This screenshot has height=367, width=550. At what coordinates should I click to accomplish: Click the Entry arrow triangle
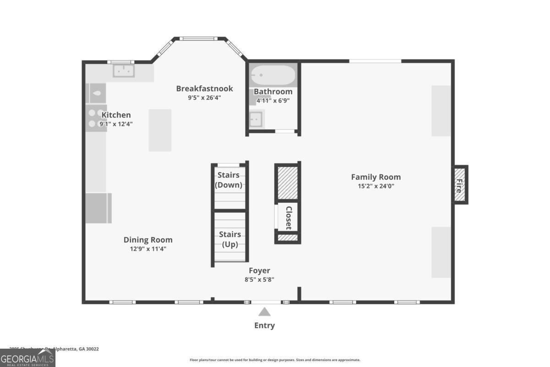264,312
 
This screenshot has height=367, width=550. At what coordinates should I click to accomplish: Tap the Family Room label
376,177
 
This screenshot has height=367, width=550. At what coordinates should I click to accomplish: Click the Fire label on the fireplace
460,185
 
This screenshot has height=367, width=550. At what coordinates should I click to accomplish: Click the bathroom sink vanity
256,119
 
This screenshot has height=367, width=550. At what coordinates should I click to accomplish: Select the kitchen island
160,130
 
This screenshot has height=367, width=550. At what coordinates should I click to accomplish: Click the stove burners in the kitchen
95,118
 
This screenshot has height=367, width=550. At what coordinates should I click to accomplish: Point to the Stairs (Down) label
229,180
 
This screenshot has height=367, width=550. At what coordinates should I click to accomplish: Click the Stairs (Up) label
230,239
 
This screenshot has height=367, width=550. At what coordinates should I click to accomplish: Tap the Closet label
289,217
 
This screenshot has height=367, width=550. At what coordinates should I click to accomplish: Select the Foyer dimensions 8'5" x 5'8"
259,279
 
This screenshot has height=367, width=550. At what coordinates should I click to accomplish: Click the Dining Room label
148,240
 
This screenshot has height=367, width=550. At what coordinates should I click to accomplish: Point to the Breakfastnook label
204,89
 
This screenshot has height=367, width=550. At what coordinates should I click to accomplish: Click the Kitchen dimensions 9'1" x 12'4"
116,124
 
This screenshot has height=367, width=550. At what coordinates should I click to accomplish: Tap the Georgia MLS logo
27,358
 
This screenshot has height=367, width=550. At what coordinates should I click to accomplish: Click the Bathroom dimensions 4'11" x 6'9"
273,100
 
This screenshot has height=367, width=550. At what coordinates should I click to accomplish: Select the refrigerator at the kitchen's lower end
98,208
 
